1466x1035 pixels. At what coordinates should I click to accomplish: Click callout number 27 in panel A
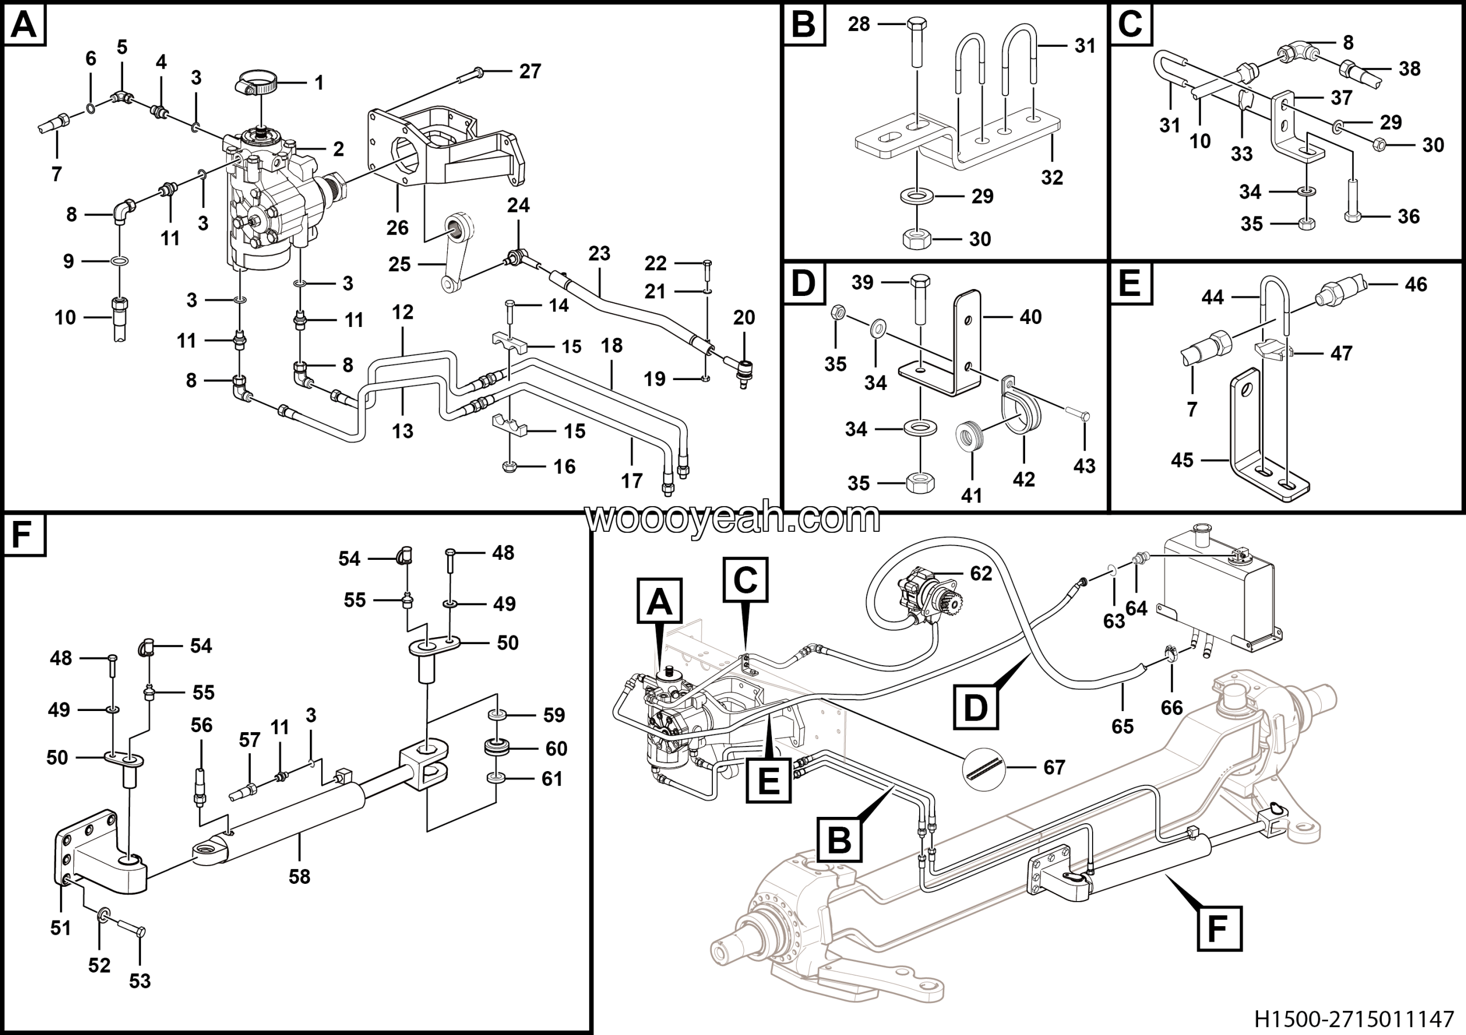point(530,71)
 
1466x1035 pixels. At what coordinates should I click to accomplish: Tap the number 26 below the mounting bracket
point(397,227)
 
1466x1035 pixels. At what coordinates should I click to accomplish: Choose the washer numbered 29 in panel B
point(917,195)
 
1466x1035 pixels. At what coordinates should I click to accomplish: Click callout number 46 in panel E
point(1416,285)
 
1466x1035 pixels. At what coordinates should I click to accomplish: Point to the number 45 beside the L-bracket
point(1182,460)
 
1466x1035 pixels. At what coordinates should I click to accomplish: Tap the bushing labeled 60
point(498,747)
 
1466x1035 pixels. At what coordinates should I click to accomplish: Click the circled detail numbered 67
point(983,767)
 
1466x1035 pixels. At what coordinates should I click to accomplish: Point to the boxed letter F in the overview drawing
point(1217,929)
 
